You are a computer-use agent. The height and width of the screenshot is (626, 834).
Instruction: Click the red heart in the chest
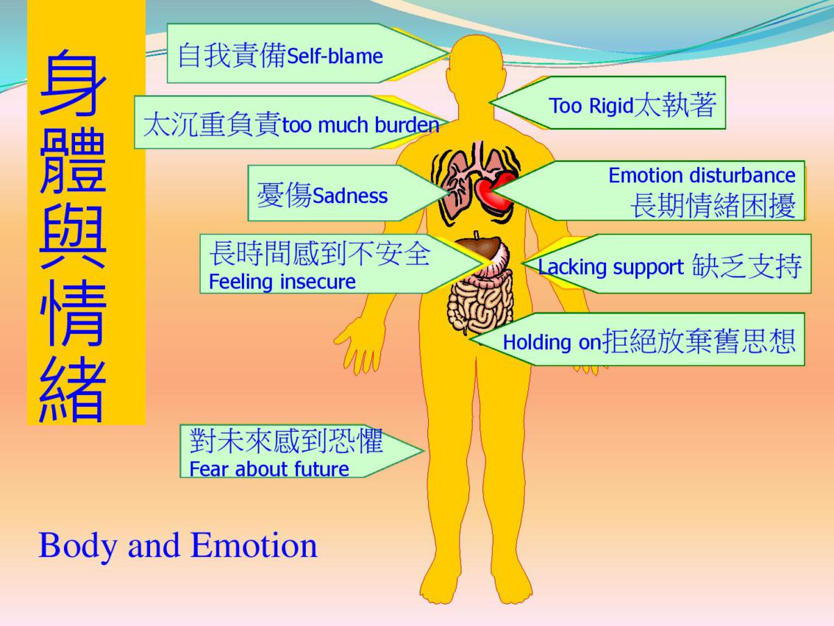pyautogui.click(x=495, y=191)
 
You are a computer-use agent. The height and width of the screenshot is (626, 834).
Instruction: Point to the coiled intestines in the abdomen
pyautogui.click(x=480, y=304)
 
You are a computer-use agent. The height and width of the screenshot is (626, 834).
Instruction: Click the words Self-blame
pyautogui.click(x=335, y=56)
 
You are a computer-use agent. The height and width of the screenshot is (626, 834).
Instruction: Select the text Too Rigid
pyautogui.click(x=591, y=105)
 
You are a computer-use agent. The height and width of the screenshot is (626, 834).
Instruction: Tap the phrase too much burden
pyautogui.click(x=361, y=125)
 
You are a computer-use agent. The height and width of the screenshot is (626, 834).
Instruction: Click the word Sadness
pyautogui.click(x=350, y=195)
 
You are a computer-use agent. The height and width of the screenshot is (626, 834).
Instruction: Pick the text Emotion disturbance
pyautogui.click(x=702, y=175)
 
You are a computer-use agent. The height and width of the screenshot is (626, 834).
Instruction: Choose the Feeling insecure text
pyautogui.click(x=282, y=282)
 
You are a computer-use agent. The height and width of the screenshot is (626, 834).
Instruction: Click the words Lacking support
pyautogui.click(x=611, y=267)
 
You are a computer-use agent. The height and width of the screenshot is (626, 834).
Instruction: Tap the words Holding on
pyautogui.click(x=552, y=342)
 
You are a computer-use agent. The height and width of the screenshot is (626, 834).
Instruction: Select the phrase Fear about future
pyautogui.click(x=269, y=469)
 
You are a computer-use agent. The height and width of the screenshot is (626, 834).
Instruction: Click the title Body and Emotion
pyautogui.click(x=178, y=546)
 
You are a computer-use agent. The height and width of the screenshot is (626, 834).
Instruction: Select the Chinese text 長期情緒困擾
pyautogui.click(x=713, y=205)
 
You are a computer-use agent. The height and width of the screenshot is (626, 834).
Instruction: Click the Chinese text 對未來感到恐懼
pyautogui.click(x=286, y=441)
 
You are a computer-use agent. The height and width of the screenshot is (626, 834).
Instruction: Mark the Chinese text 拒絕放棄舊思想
pyautogui.click(x=698, y=341)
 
